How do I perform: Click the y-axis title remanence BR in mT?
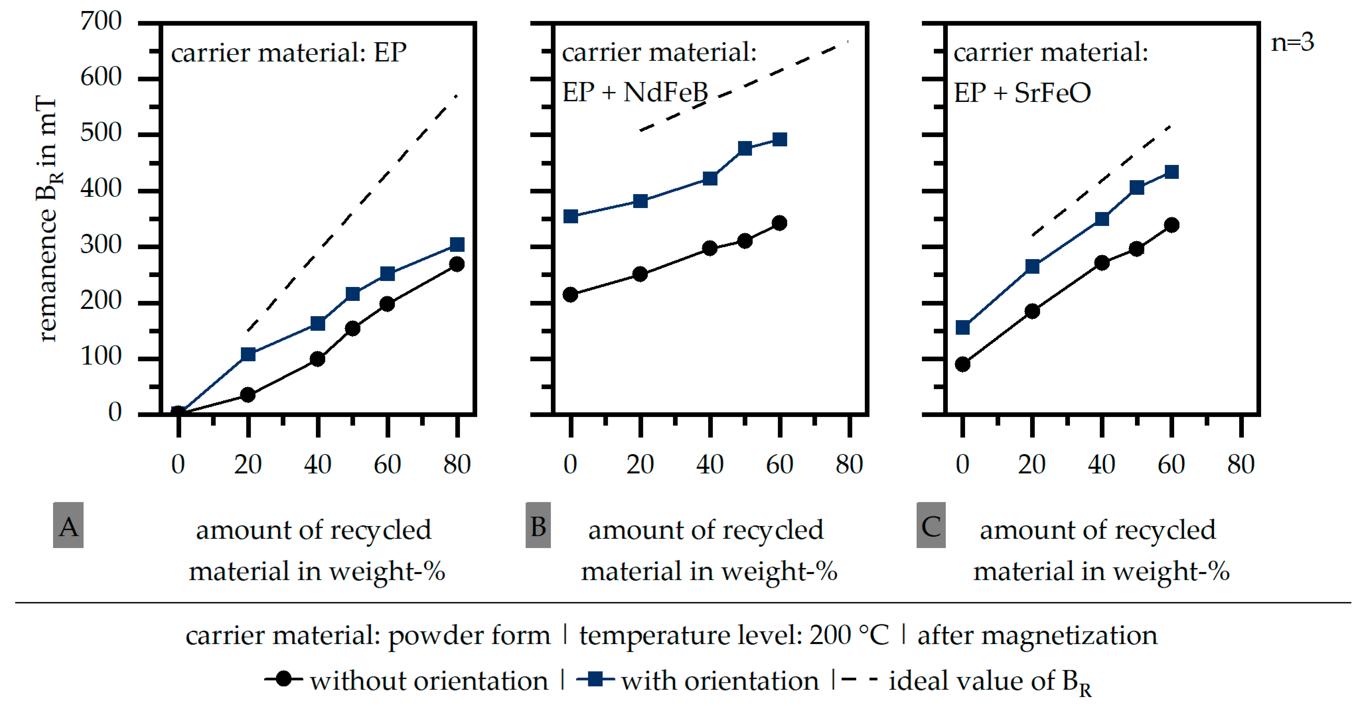pyautogui.click(x=47, y=218)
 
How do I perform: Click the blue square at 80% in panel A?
pyautogui.click(x=457, y=244)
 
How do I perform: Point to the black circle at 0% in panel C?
pyautogui.click(x=962, y=364)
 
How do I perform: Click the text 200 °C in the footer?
pyautogui.click(x=848, y=635)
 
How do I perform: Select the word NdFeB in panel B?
pyautogui.click(x=665, y=92)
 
